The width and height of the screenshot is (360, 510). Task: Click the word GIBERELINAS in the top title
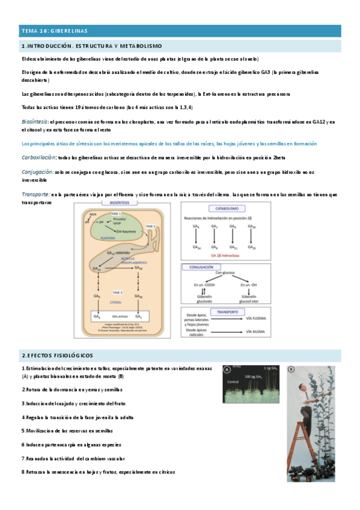coord(68,30)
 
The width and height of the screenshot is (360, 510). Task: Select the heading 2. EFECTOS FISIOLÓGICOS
coord(58,355)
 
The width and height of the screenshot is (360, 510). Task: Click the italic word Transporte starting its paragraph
coord(35,194)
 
